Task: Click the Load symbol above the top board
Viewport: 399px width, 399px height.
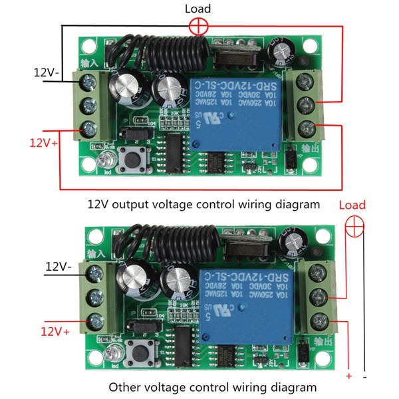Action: point(198,27)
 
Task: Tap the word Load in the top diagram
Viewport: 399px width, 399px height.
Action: point(198,9)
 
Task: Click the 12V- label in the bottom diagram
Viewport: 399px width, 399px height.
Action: point(59,267)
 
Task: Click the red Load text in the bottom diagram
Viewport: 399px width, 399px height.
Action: point(352,204)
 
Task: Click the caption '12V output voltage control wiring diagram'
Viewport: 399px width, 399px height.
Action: point(199,203)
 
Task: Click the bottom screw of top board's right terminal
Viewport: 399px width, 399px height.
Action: point(307,127)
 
